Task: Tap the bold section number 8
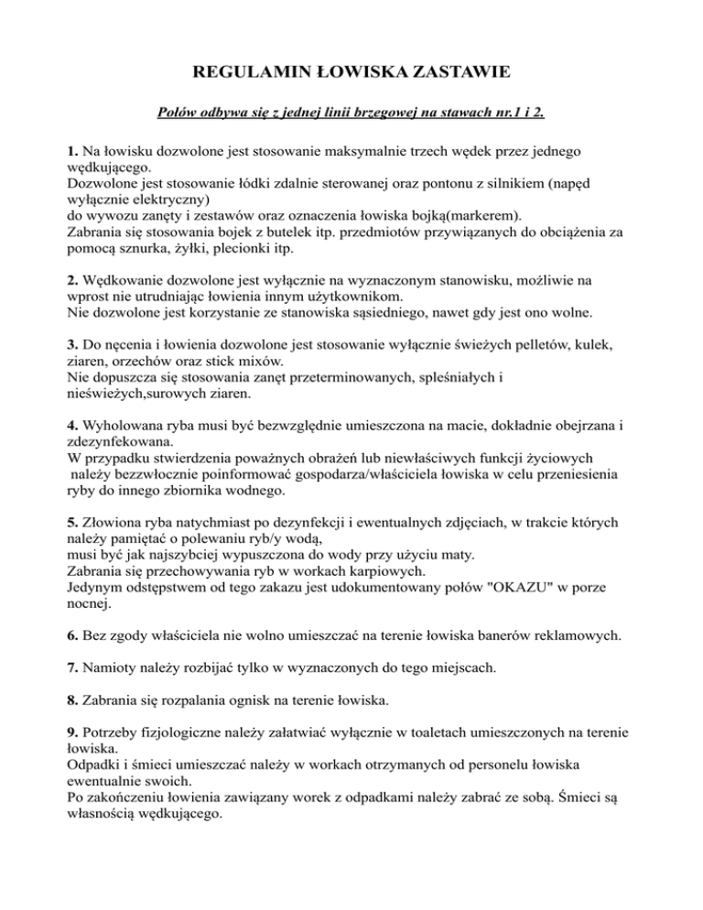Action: pyautogui.click(x=72, y=703)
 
